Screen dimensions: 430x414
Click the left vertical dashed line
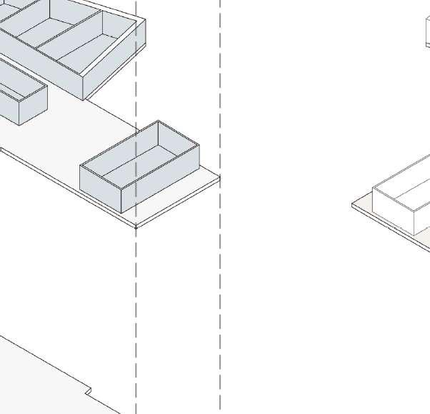136,300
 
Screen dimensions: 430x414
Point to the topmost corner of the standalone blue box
158,121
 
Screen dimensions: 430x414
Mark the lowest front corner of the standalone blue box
122,212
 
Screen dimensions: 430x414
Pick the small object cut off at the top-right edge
427,32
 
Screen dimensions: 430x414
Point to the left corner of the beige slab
352,205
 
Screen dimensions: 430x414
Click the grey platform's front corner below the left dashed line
136,227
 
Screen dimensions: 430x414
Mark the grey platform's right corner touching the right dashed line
219,177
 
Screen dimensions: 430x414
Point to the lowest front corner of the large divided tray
84,99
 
